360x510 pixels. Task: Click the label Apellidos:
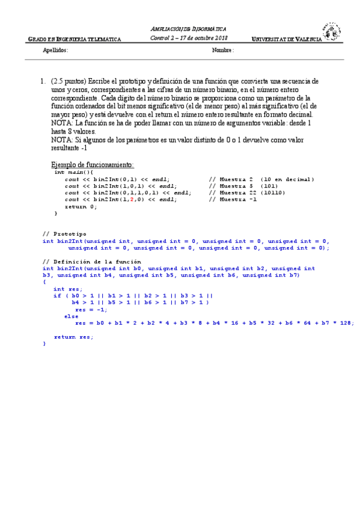[56, 51]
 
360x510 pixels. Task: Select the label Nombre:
[223, 51]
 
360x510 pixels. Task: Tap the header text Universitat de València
[286, 39]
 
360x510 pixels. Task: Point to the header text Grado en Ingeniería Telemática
[75, 39]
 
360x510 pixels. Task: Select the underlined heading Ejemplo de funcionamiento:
[93, 164]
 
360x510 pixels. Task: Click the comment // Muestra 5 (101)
[237, 186]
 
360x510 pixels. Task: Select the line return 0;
[81, 206]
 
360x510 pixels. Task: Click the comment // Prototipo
[64, 233]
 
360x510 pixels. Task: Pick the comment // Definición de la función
[92, 262]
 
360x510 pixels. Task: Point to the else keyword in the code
[71, 316]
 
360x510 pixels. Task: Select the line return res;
[74, 336]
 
